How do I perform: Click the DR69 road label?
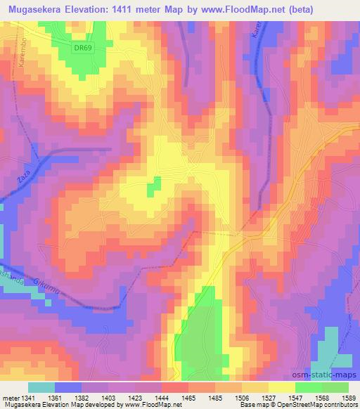(x=82, y=47)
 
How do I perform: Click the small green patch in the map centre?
(x=153, y=186)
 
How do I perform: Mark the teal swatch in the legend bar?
(x=41, y=387)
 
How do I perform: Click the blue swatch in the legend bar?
(x=68, y=387)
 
